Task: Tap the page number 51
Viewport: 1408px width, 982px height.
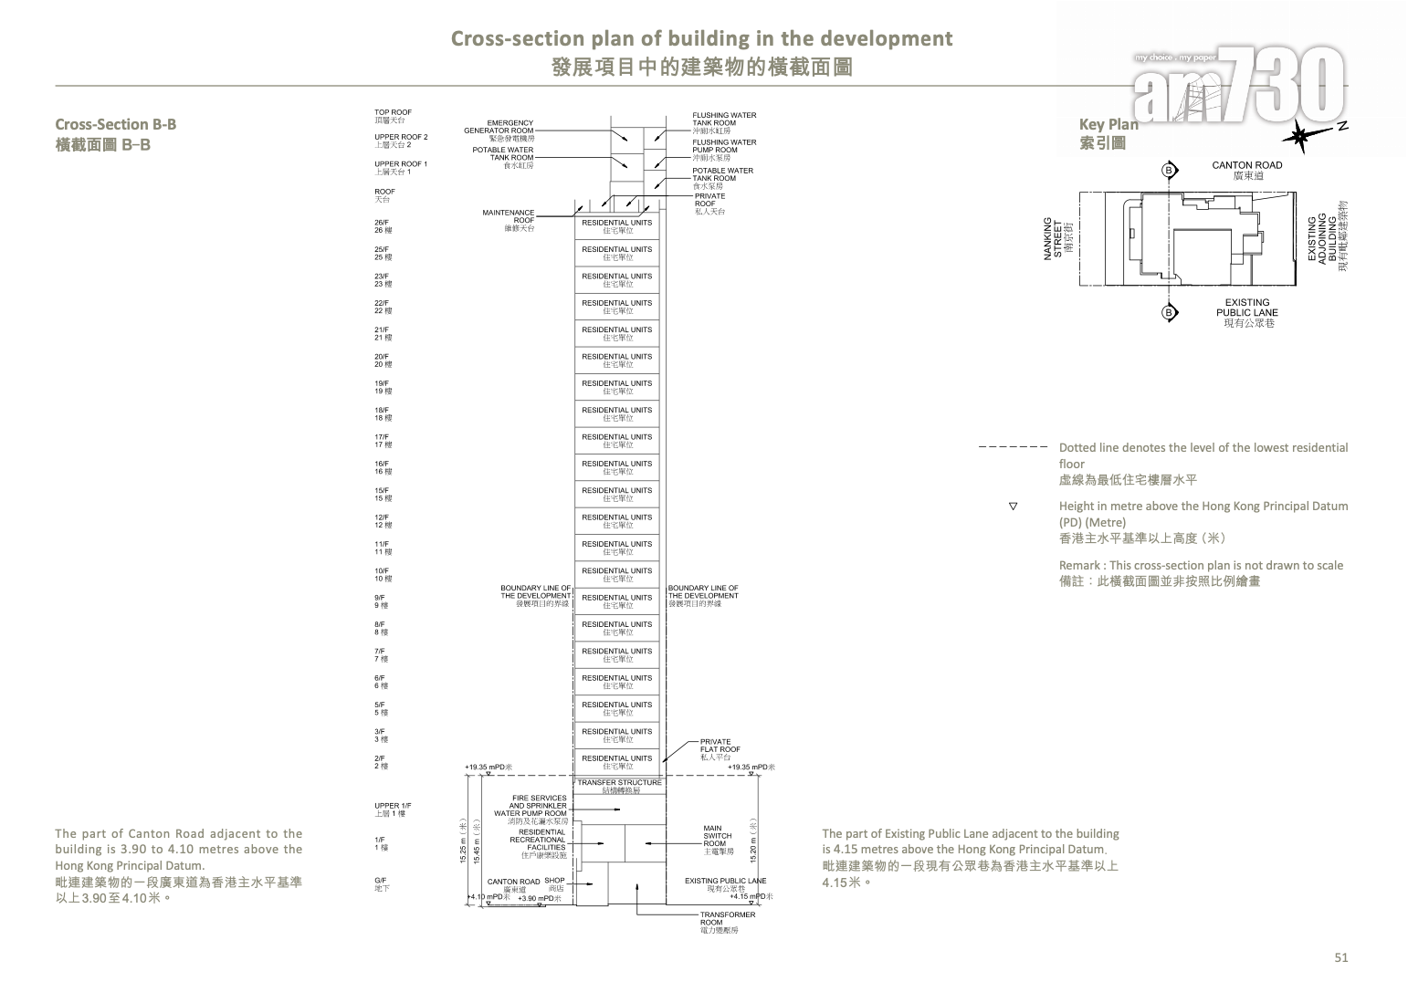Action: [1340, 957]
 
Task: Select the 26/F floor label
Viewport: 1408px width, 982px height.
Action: [382, 226]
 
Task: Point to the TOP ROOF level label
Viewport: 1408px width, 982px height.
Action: [393, 116]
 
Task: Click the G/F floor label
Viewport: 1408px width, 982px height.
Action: [382, 883]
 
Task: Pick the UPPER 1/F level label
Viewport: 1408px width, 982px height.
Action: [393, 809]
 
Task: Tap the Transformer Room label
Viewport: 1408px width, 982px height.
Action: [727, 922]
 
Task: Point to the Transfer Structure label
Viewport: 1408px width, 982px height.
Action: [619, 786]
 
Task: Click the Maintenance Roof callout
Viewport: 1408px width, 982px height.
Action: [509, 220]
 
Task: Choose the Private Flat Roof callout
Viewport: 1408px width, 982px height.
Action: [720, 749]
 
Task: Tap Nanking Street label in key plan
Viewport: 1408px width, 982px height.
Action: [1058, 239]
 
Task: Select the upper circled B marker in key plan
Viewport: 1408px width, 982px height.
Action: [1170, 171]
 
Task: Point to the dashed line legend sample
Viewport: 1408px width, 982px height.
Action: [1012, 448]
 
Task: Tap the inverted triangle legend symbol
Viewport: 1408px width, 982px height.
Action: [1013, 506]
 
